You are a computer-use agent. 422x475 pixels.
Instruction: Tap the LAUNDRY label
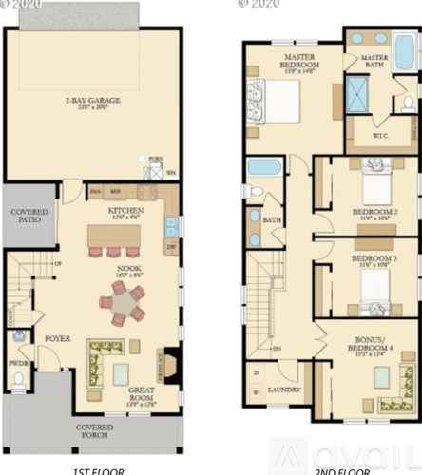[284, 390]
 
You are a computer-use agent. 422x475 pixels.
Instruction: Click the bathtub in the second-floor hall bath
[264, 169]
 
